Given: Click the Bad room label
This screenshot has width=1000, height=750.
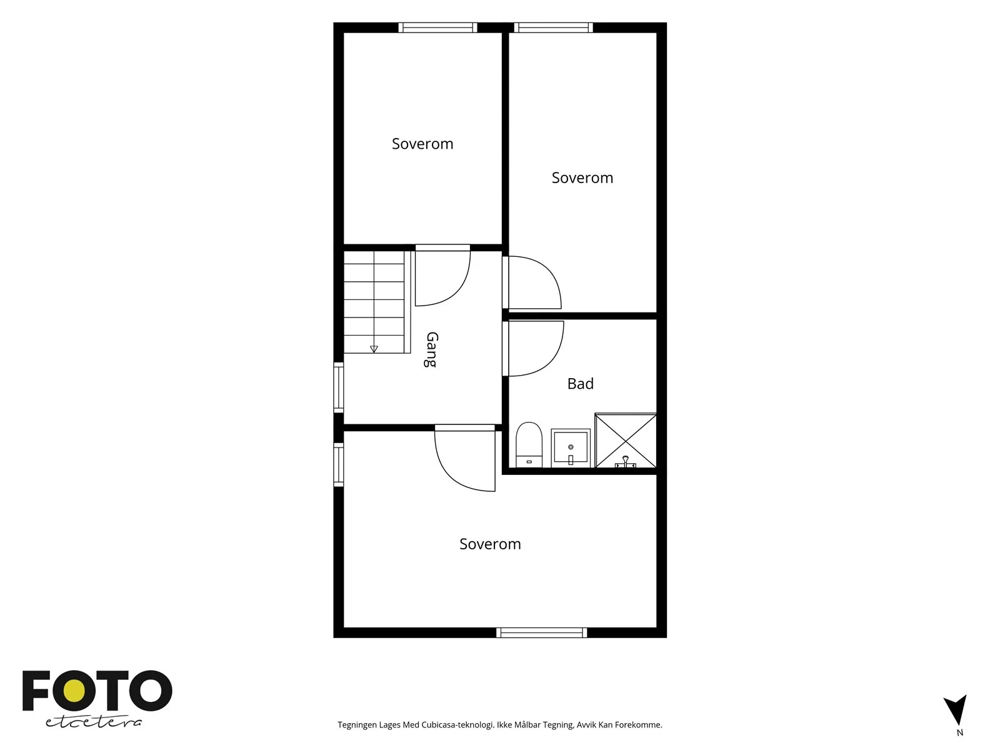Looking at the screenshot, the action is pos(580,383).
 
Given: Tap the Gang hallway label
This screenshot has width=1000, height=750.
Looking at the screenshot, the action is pos(431,349).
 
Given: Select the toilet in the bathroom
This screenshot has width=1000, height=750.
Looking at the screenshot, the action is pos(529,444).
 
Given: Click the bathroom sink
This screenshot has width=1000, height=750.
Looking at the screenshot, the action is pos(571,447).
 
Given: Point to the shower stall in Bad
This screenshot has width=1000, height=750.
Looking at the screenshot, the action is pos(626,441).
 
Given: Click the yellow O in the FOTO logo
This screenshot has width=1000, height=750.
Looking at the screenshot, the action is pos(74,692).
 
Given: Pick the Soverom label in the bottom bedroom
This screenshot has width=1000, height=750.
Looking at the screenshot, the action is pos(490,544).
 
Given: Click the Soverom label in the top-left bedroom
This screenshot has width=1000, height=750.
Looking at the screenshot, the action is pos(422,144).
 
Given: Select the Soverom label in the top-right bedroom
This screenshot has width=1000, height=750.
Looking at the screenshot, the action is pos(582,177).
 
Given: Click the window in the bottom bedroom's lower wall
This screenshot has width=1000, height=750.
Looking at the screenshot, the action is pos(542,632).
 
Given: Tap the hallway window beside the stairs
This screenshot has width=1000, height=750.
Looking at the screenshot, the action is pos(339,387).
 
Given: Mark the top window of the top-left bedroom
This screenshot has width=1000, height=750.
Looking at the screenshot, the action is pos(438,27).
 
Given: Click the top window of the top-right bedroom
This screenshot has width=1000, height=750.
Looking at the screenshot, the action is pos(554,27).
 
